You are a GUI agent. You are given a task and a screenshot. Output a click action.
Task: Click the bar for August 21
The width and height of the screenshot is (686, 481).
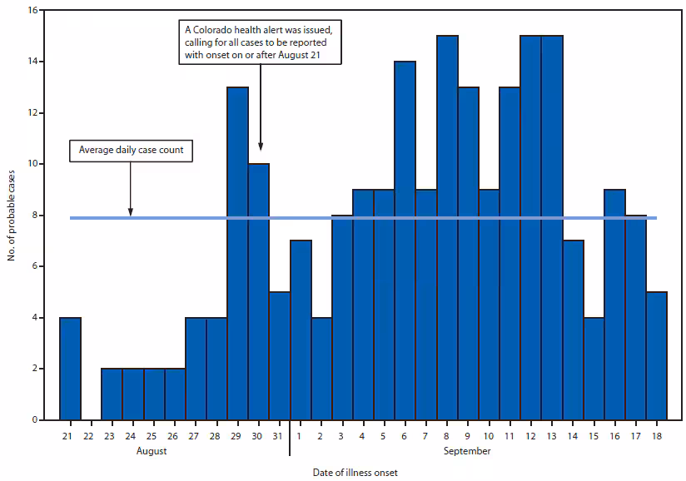(70, 368)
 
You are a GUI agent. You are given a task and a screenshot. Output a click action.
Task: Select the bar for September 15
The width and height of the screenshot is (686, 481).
(594, 368)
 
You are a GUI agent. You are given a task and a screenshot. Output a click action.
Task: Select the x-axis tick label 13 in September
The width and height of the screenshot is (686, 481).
(551, 435)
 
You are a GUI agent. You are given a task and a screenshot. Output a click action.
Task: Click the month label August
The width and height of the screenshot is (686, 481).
(152, 451)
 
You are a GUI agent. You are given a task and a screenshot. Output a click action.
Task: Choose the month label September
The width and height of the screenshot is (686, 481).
(467, 451)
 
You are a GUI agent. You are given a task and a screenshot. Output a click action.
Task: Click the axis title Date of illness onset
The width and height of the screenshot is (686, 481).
(355, 472)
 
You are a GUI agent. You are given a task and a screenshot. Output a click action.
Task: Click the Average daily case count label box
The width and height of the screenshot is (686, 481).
(131, 151)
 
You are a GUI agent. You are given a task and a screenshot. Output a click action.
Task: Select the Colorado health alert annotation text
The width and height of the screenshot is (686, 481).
(261, 42)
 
